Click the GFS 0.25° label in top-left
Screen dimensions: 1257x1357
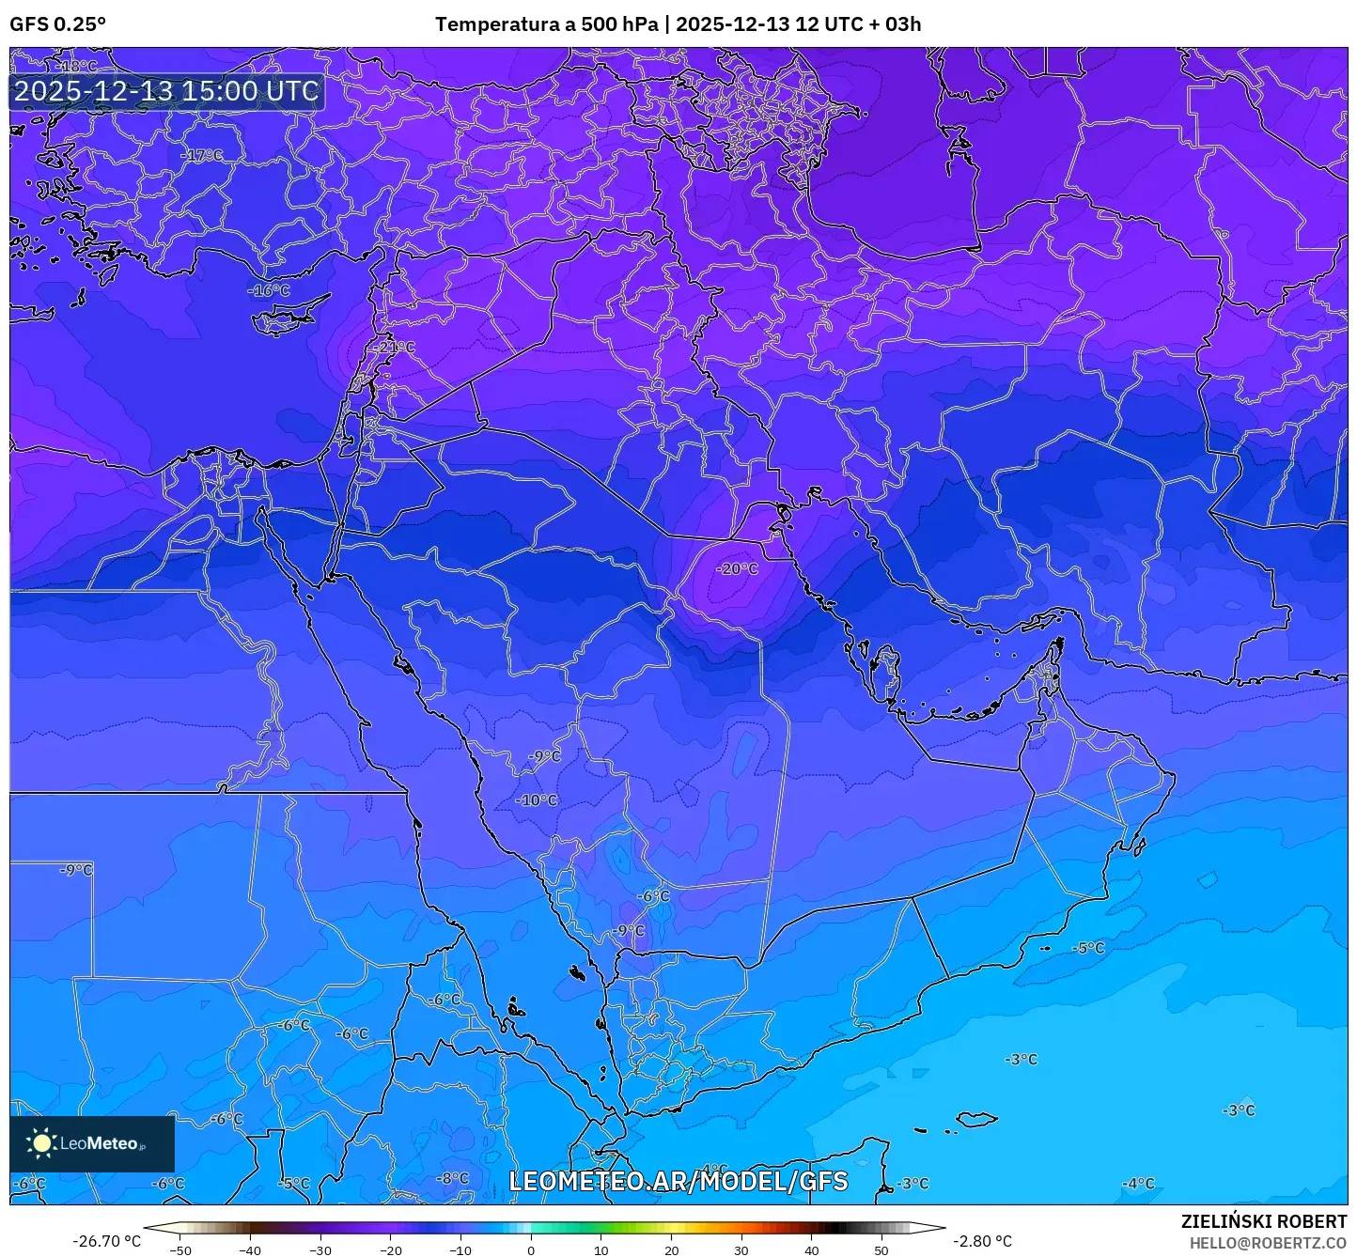57,23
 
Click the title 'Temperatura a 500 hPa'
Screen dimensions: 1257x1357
546,23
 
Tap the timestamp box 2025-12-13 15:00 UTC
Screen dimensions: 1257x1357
166,91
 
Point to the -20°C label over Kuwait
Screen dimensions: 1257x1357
737,568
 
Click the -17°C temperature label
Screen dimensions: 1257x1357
202,155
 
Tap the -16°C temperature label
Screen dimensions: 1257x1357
270,290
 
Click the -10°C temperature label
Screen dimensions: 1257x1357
537,800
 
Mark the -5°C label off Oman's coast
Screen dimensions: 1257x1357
1089,948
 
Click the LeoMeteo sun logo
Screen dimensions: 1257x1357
41,1142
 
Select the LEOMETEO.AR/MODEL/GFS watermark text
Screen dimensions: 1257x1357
678,1181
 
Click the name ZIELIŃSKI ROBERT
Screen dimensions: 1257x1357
1263,1221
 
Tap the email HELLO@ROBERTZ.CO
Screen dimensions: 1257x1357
1268,1242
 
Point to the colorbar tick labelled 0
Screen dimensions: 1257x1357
531,1249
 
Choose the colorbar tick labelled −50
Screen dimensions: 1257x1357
179,1249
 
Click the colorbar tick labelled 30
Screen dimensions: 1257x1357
741,1249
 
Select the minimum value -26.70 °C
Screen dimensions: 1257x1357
106,1241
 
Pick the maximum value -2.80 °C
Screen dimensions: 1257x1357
982,1241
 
